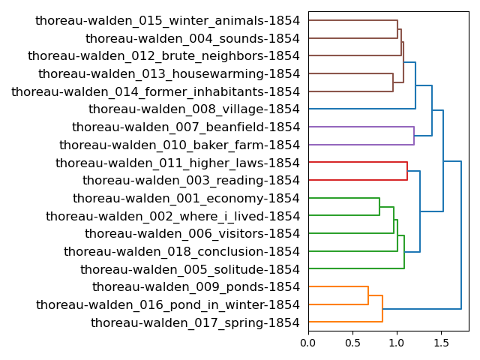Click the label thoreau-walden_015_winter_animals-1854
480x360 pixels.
[x=167, y=21]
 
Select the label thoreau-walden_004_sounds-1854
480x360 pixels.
[x=193, y=38]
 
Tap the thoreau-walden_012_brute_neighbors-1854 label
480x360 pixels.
[x=163, y=56]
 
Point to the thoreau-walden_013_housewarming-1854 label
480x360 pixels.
[x=169, y=74]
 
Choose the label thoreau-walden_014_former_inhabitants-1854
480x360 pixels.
[x=155, y=91]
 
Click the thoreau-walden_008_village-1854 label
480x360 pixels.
[x=194, y=109]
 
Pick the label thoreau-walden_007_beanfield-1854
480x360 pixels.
[x=185, y=127]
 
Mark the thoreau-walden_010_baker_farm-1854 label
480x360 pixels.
[x=179, y=145]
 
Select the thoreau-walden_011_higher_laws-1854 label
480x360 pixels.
[x=178, y=163]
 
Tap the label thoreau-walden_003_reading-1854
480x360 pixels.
[x=191, y=181]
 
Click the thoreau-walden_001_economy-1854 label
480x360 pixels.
[x=186, y=198]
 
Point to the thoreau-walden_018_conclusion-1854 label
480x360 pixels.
[x=181, y=252]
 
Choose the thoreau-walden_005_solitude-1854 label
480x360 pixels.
[x=190, y=269]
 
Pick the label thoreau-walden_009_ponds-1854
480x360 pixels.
[x=196, y=287]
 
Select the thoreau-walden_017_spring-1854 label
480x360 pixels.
[x=195, y=322]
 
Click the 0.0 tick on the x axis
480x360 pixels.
[x=308, y=343]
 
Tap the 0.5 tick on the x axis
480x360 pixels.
[x=352, y=343]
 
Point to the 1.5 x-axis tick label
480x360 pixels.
[x=441, y=343]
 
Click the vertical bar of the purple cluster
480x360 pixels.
[x=414, y=136]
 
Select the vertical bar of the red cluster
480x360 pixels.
[x=407, y=172]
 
